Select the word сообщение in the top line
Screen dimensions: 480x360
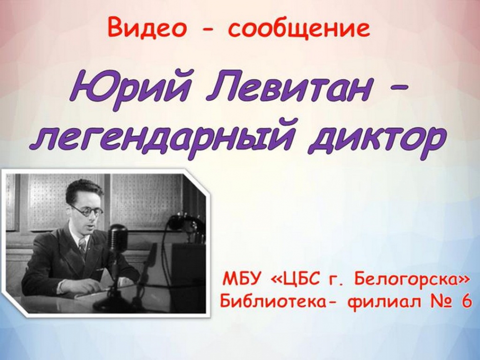click(299, 29)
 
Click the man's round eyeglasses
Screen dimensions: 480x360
click(88, 211)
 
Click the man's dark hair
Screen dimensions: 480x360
click(82, 190)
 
